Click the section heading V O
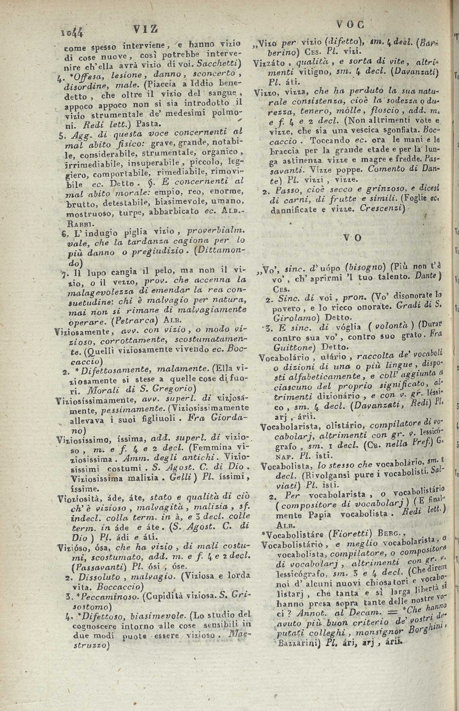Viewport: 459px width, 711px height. (353, 238)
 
